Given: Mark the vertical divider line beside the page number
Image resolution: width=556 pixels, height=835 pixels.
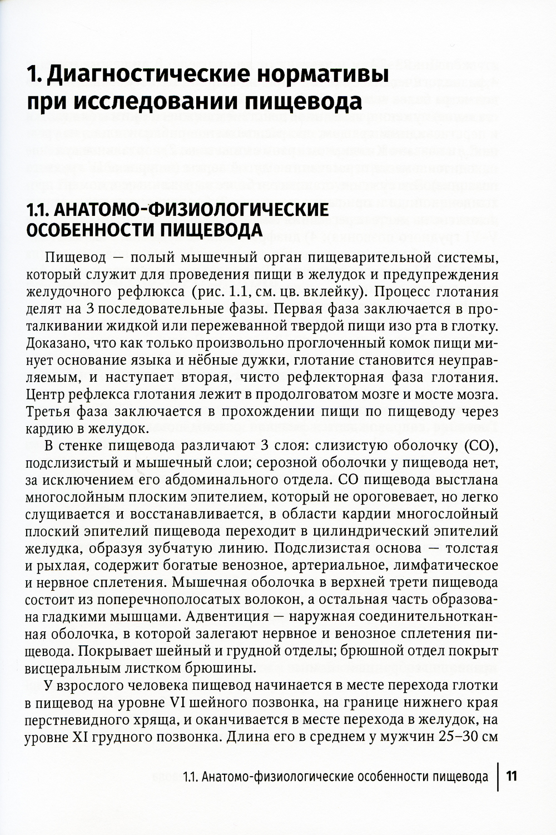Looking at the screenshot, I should [498, 775].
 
